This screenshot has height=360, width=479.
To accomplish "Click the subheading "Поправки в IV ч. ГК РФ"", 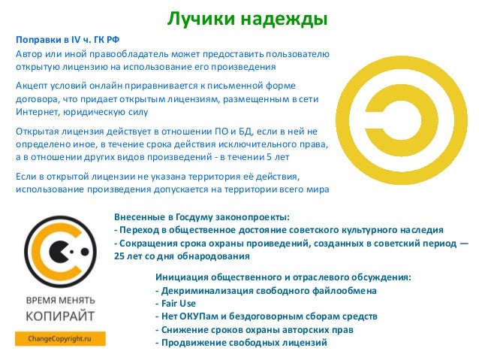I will [x=66, y=40].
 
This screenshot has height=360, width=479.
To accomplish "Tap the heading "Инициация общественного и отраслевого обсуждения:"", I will [x=282, y=277].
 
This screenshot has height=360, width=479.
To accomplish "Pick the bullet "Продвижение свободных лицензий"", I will [x=241, y=343].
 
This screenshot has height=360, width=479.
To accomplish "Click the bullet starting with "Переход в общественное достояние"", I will [x=279, y=229].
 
